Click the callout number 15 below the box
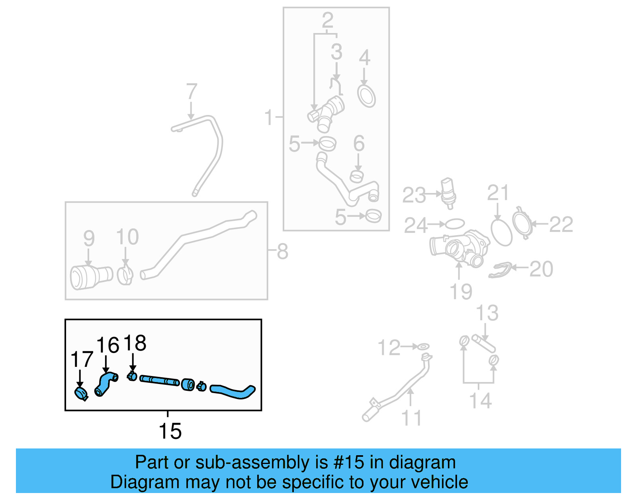coord(170,431)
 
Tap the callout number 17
coord(81,360)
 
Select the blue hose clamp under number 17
coord(81,394)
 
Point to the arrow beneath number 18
coord(133,363)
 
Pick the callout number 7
coord(191,92)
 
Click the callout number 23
coord(414,195)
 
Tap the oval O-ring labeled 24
coord(455,224)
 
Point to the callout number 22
coord(561,224)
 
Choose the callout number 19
coord(461,292)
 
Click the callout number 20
coord(541,269)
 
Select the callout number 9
coord(89,238)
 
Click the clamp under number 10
coord(125,275)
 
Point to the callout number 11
coord(411,418)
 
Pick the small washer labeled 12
coord(423,347)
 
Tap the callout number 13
coord(487,313)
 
